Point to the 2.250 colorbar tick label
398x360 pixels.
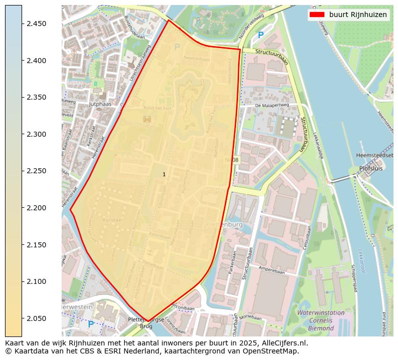(36, 171)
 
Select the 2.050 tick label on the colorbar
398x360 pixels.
(36, 318)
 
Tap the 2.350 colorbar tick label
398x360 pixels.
(36, 97)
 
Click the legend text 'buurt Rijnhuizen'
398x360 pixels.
(358, 15)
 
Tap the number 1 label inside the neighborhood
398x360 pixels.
(164, 174)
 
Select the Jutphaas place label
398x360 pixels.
(99, 104)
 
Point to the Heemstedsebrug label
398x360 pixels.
(376, 156)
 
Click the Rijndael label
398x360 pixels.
(112, 220)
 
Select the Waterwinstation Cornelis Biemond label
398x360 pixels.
(321, 320)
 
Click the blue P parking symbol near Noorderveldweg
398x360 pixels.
(260, 36)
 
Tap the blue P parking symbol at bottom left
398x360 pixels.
(91, 324)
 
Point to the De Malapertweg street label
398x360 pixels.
(272, 106)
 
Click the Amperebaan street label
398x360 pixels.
(272, 269)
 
